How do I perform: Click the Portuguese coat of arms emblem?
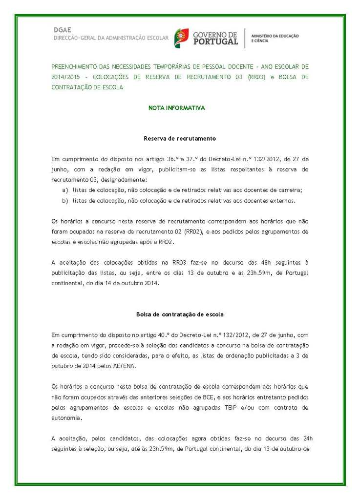(x=182, y=38)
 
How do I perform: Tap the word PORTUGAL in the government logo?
(x=215, y=42)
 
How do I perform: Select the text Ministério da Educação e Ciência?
(x=275, y=38)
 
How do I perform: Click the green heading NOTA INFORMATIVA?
(x=176, y=108)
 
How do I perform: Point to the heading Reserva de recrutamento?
(x=180, y=139)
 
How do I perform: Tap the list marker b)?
(x=65, y=201)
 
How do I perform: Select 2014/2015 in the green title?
(x=64, y=77)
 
